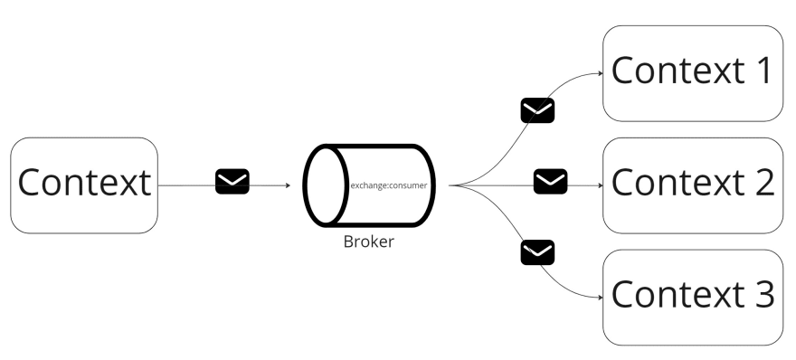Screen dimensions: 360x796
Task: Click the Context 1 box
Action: click(692, 72)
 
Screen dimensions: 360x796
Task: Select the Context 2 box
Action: click(692, 185)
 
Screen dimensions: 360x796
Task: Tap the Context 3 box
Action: click(692, 297)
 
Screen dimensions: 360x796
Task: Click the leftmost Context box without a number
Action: click(84, 185)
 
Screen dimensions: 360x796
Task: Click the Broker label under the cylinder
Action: click(368, 242)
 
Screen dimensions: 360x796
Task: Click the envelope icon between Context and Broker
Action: click(232, 181)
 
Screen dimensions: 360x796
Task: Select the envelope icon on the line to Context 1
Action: click(537, 110)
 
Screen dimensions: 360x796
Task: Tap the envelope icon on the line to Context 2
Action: click(550, 181)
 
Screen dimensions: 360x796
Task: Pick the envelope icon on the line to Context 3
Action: click(537, 251)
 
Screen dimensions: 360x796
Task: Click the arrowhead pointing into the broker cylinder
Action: click(287, 185)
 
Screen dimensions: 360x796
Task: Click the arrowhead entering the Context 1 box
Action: click(599, 73)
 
